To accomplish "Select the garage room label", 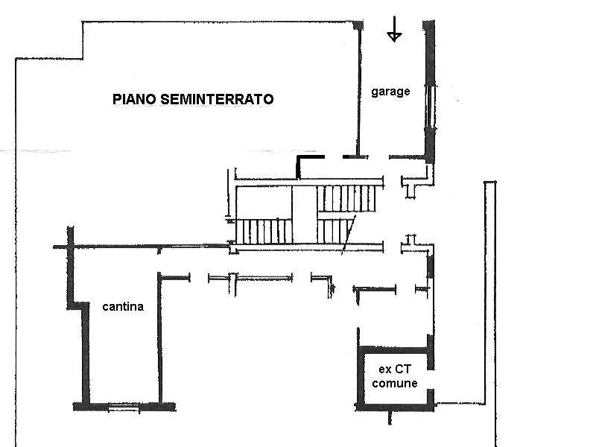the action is pos(390,92).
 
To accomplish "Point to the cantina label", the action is pos(123,306).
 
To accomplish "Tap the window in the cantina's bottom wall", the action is pos(124,408).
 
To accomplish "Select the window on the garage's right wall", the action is pos(430,108).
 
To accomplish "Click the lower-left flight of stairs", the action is pos(263,231).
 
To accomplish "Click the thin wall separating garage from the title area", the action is pos(358,89).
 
